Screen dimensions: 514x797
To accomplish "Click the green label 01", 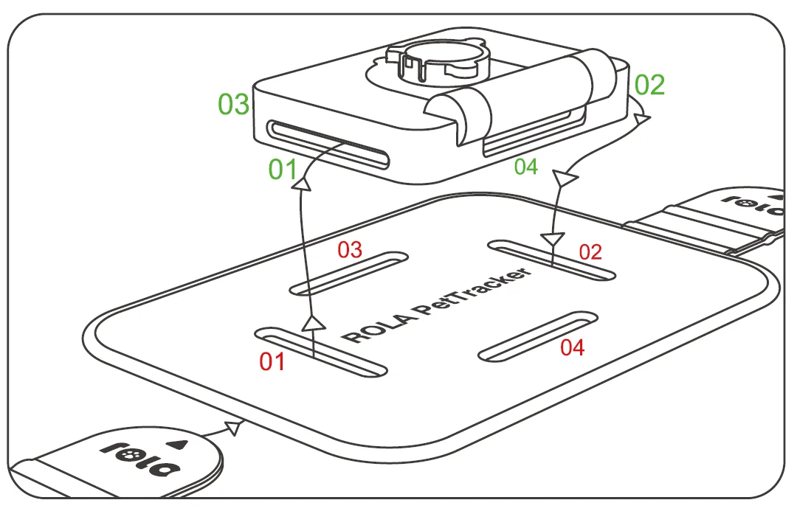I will (282, 170).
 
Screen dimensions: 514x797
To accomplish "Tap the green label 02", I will (649, 86).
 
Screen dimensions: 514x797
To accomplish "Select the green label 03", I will (234, 105).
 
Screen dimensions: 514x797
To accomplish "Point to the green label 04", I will (526, 167).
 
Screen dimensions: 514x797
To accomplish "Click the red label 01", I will (272, 362).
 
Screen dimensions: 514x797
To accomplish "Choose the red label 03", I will (350, 249).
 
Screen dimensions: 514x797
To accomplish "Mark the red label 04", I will (572, 347).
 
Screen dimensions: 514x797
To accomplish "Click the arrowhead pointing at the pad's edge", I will (235, 426).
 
